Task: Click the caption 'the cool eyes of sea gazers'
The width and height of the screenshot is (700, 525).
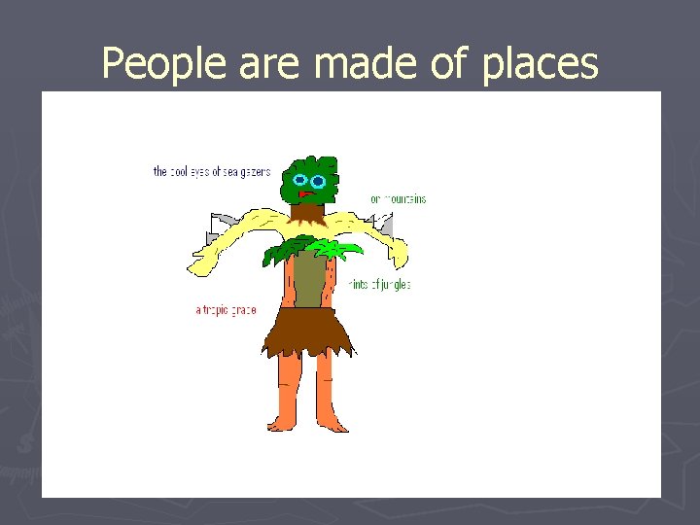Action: (212, 172)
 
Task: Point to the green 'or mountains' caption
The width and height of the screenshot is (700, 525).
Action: (398, 199)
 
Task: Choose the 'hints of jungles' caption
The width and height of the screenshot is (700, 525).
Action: (379, 285)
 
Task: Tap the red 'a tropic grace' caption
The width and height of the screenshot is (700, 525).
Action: (226, 311)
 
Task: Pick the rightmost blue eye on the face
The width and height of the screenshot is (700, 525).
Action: (319, 182)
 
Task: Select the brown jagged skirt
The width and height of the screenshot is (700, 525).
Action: (305, 331)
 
